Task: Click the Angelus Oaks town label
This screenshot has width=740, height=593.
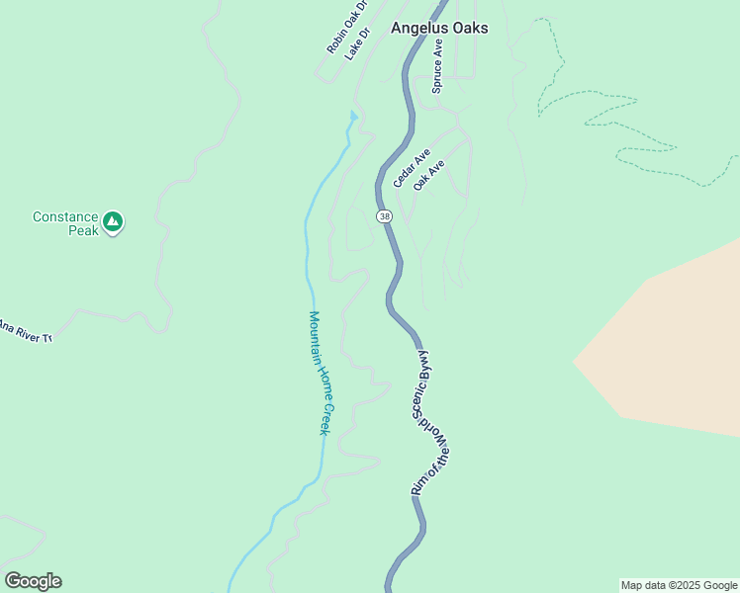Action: pos(439,29)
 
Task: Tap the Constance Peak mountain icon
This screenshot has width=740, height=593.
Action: pos(114,222)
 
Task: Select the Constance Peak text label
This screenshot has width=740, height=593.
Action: pos(65,223)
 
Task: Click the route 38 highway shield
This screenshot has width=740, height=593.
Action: pos(383,214)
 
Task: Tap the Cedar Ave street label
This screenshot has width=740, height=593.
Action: pos(412,168)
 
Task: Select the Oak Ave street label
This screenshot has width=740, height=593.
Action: pos(429,175)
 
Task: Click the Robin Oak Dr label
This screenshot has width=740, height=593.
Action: pos(347,28)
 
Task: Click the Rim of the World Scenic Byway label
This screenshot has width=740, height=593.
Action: pos(429,423)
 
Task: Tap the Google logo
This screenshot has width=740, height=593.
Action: pos(33,580)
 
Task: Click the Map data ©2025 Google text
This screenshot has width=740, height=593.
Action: pos(679,585)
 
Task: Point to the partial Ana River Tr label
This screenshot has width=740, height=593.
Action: pos(24,330)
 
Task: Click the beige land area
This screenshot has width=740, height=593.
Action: pos(673,346)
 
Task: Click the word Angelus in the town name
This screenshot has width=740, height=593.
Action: pos(418,29)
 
